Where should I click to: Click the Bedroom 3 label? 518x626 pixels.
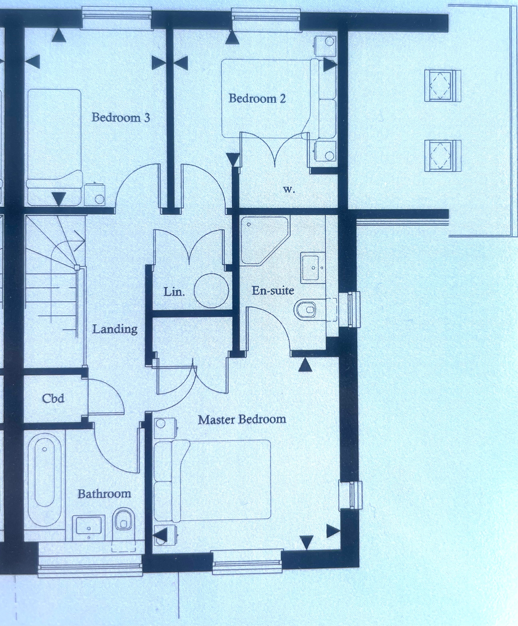pyautogui.click(x=121, y=118)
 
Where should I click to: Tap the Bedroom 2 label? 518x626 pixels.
pyautogui.click(x=257, y=98)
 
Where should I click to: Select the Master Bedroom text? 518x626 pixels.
pyautogui.click(x=242, y=420)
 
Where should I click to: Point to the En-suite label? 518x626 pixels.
pyautogui.click(x=273, y=290)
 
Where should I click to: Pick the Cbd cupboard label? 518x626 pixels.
pyautogui.click(x=53, y=398)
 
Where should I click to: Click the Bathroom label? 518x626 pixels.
pyautogui.click(x=104, y=494)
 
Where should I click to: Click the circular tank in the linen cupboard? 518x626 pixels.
pyautogui.click(x=211, y=291)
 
